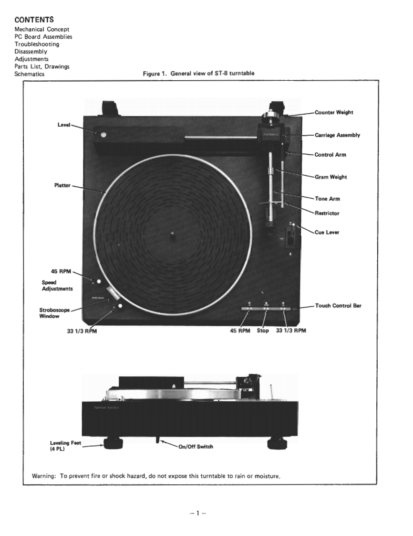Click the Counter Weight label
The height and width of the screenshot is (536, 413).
pyautogui.click(x=334, y=112)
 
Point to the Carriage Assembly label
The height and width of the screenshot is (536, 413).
pyautogui.click(x=337, y=135)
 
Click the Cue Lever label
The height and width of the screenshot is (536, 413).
pyautogui.click(x=327, y=232)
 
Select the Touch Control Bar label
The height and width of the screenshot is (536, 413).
pyautogui.click(x=338, y=305)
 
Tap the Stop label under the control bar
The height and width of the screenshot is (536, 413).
pyautogui.click(x=262, y=330)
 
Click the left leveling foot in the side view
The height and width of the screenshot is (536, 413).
pyautogui.click(x=111, y=444)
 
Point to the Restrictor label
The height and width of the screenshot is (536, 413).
pyautogui.click(x=327, y=213)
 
